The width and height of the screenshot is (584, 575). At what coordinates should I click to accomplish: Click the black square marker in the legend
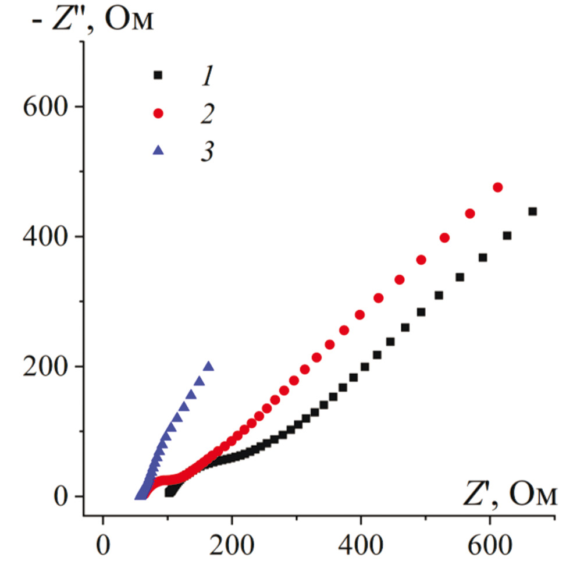(x=157, y=75)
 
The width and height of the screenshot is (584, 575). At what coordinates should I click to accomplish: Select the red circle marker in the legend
(x=157, y=113)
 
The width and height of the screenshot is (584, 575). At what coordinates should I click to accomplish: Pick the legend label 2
(x=205, y=113)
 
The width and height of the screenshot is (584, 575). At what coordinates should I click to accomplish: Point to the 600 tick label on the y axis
(x=44, y=107)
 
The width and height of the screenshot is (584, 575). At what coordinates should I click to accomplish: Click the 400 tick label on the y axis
(x=44, y=237)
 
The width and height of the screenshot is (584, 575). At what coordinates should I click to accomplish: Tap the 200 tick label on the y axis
(x=44, y=367)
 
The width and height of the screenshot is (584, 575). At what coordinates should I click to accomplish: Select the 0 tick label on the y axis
(x=61, y=496)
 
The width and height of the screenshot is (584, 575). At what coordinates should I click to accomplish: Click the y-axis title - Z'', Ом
(x=87, y=22)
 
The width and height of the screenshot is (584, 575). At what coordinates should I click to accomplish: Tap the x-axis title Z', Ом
(x=510, y=496)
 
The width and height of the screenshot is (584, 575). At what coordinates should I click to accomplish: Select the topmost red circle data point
(x=497, y=187)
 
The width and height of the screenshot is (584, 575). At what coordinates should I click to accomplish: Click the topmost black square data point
(x=532, y=212)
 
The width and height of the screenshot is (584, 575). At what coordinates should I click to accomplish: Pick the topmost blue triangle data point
(x=208, y=366)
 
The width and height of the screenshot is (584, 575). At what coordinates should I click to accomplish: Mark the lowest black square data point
(x=169, y=492)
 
